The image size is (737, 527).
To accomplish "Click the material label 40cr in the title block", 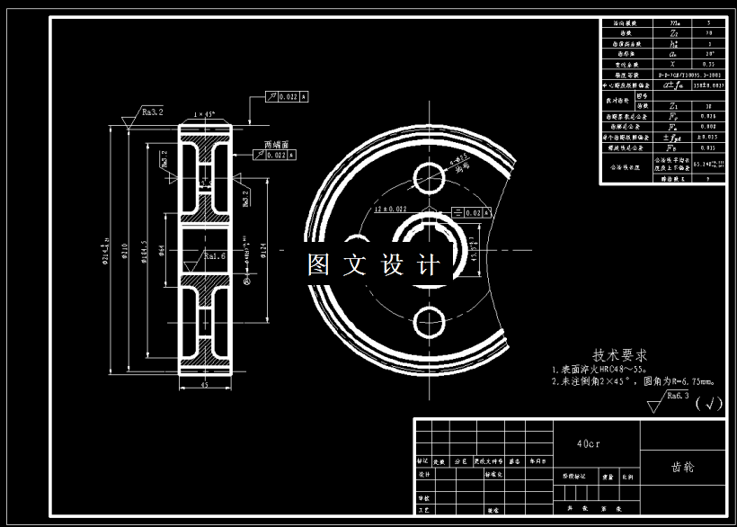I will point(590,443).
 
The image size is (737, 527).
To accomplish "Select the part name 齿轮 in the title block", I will point(682,468).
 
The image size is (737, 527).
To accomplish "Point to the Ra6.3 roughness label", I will point(676,395).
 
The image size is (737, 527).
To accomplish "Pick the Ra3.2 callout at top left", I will point(151,112).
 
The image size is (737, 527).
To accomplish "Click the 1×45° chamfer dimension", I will point(207,115).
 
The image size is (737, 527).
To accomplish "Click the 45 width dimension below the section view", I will point(206,386).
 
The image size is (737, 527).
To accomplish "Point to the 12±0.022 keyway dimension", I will point(390,209).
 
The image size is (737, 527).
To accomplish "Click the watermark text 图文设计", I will point(374,265).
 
